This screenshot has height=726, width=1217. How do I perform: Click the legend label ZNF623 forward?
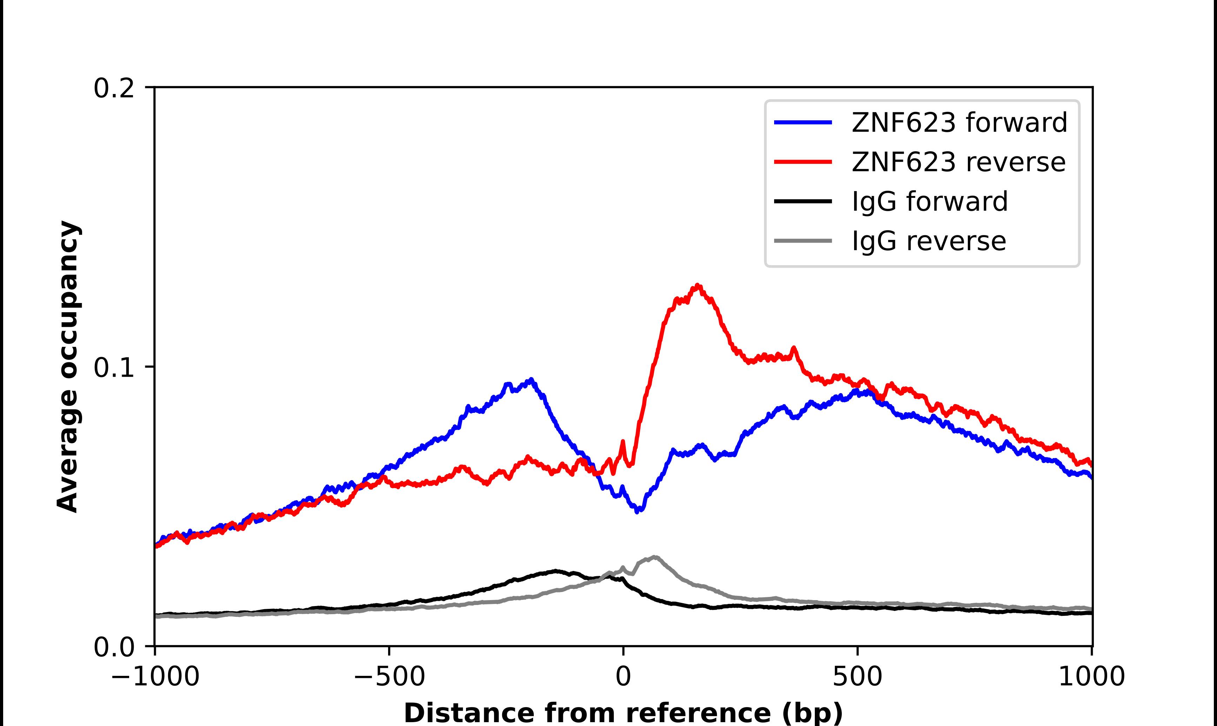click(959, 122)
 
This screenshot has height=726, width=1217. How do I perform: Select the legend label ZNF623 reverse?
click(958, 162)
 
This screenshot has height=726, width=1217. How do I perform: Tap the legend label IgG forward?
click(929, 202)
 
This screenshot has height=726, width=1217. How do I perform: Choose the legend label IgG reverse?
click(928, 241)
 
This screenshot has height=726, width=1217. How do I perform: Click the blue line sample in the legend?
click(803, 122)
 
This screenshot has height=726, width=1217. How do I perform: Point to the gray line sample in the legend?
click(803, 241)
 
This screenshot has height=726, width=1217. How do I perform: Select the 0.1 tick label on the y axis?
click(114, 368)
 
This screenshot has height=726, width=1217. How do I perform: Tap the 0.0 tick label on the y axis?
click(114, 647)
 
